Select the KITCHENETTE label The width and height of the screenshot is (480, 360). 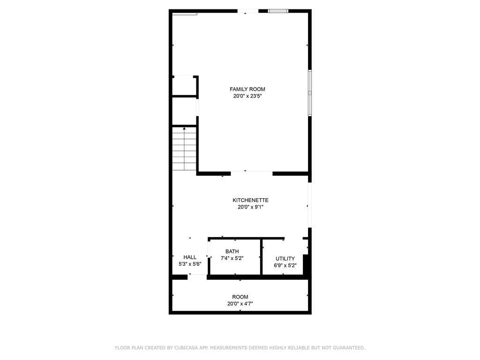250,200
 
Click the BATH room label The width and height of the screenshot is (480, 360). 232,252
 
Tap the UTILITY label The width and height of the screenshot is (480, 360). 285,259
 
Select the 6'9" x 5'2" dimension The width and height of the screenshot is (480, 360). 285,265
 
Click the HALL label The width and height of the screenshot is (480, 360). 190,257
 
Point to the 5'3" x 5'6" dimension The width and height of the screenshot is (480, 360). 190,264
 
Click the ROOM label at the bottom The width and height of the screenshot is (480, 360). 240,297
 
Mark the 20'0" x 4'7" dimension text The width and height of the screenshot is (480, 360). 240,303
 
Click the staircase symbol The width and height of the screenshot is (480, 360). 184,149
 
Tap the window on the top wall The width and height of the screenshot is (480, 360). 278,11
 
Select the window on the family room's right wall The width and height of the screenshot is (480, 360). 309,93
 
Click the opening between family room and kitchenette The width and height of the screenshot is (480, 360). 251,173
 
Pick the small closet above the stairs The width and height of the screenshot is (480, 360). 184,86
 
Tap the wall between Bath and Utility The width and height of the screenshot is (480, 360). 261,257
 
